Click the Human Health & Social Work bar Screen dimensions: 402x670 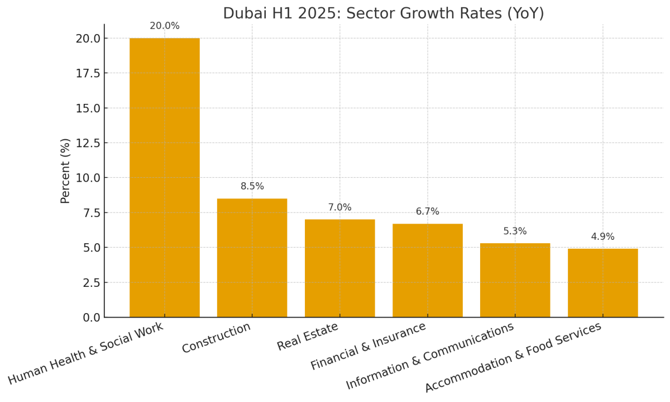[x=164, y=177]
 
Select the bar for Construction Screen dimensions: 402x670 [x=252, y=258]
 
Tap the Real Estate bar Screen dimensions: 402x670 [x=339, y=268]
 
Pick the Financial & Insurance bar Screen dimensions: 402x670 [x=427, y=270]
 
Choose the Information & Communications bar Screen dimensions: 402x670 [x=515, y=280]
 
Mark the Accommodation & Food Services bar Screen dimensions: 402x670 [x=602, y=283]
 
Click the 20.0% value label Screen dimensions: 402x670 [x=164, y=26]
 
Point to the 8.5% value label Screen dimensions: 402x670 [x=252, y=187]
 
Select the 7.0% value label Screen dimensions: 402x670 [x=339, y=207]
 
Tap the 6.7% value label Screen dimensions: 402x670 [x=427, y=212]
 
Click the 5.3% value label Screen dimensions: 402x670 [x=515, y=231]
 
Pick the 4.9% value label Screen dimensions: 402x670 [x=602, y=237]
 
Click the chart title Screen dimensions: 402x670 [x=383, y=13]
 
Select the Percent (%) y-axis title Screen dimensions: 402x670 [x=66, y=171]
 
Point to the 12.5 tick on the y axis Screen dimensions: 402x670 [x=88, y=143]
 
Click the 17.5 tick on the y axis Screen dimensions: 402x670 [x=88, y=73]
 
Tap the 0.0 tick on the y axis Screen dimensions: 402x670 [x=90, y=318]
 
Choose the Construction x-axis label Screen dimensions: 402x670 [x=217, y=338]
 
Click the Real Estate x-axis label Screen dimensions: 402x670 [x=308, y=337]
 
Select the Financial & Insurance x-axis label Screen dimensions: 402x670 [x=368, y=346]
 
